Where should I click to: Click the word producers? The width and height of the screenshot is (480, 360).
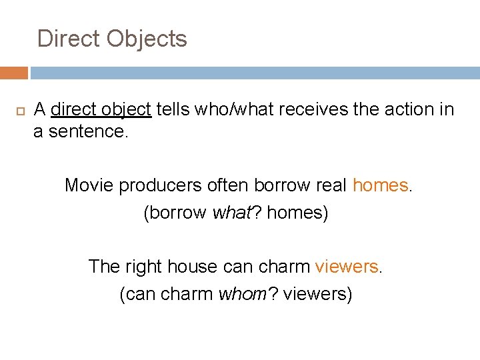click(160, 185)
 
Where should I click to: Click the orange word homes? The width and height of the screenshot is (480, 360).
click(380, 185)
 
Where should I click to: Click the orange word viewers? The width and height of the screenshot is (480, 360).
click(346, 267)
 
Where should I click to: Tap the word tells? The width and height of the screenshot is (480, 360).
click(173, 109)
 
